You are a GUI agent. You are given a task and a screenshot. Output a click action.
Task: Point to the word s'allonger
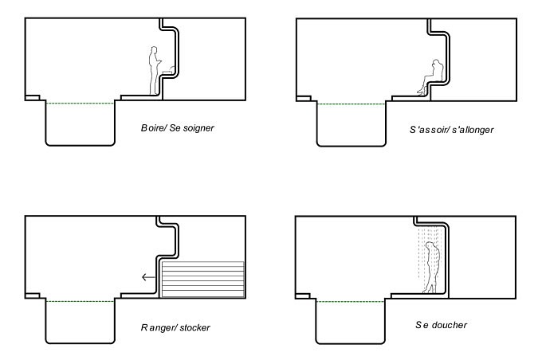pos(473,131)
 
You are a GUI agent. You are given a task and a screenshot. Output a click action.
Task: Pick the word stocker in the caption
pos(194,327)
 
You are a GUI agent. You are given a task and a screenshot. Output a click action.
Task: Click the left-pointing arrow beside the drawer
pos(148,276)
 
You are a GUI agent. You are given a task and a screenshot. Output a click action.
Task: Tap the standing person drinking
pos(154,70)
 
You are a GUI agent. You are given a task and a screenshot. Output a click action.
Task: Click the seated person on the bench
pos(431,76)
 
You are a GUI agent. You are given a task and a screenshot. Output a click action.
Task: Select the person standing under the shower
pos(432,267)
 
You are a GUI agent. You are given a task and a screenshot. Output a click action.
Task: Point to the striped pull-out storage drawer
pos(203,280)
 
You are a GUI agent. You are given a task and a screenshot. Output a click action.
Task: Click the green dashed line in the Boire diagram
pos(80,103)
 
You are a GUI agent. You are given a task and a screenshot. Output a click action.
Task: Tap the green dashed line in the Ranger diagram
pos(81,301)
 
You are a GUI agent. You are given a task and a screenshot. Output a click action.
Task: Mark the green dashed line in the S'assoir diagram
pos(352,104)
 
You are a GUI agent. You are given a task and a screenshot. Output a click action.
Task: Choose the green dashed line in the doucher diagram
pos(350,302)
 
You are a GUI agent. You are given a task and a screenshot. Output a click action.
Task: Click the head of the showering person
pos(430,245)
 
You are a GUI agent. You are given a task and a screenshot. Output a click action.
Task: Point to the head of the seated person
pos(437,63)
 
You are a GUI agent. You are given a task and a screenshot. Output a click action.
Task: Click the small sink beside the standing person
pos(168,70)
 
